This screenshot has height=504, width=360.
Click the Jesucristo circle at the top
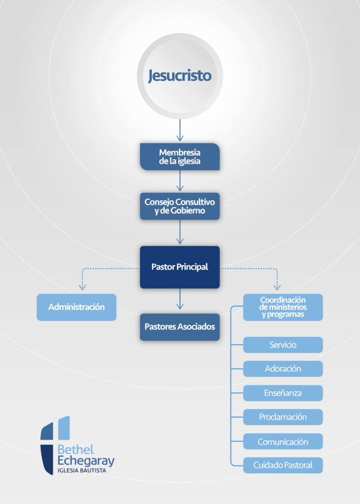[x=180, y=76]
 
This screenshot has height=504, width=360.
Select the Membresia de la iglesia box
[x=180, y=157]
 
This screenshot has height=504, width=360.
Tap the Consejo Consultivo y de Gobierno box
[x=180, y=206]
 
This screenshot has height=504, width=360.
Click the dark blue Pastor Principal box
[x=180, y=267]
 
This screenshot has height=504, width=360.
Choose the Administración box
[x=76, y=307]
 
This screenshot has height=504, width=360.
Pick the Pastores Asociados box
[x=180, y=327]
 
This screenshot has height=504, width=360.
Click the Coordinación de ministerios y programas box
[x=283, y=307]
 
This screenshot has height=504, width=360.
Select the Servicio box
[x=283, y=345]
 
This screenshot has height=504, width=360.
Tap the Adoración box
[x=283, y=369]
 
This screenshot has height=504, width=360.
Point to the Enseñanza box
[x=283, y=393]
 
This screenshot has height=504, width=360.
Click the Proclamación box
[x=283, y=417]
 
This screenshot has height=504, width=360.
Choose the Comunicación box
[x=283, y=441]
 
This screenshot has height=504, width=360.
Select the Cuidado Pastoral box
[x=283, y=465]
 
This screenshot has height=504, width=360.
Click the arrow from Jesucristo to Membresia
[x=180, y=131]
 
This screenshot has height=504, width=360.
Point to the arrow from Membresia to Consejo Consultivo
[x=180, y=181]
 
